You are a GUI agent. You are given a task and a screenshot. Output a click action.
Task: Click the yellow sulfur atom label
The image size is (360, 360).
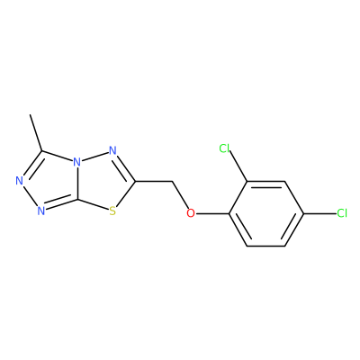(x=112, y=211)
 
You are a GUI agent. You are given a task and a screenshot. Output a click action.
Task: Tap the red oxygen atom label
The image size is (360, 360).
(x=191, y=213)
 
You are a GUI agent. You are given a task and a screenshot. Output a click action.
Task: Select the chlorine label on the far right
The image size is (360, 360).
(x=342, y=213)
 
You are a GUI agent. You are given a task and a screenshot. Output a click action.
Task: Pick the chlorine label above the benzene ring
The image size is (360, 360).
(x=224, y=148)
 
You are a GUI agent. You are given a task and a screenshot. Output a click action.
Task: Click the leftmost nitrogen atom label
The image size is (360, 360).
(x=20, y=181)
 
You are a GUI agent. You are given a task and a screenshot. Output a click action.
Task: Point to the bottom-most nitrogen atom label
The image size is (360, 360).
(x=41, y=211)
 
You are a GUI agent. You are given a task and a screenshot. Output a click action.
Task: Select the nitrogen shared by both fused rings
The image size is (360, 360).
(x=77, y=162)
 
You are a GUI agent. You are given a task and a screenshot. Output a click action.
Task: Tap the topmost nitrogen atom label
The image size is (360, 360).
(x=112, y=150)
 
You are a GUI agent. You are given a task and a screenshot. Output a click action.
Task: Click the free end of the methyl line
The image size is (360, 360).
(x=30, y=114)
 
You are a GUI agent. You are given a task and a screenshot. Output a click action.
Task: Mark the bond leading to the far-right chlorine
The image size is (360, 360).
(x=320, y=213)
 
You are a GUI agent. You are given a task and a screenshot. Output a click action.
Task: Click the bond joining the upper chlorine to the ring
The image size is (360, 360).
(x=238, y=166)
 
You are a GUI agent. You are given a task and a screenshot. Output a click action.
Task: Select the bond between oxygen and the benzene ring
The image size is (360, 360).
(x=211, y=213)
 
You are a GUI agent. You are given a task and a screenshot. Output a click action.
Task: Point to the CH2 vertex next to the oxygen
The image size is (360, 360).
(x=173, y=181)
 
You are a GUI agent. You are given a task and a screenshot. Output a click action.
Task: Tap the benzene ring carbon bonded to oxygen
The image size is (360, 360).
(x=229, y=213)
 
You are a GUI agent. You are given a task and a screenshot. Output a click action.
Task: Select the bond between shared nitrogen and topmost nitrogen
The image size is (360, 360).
(x=94, y=157)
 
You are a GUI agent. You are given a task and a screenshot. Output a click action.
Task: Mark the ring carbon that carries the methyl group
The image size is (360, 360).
(x=41, y=151)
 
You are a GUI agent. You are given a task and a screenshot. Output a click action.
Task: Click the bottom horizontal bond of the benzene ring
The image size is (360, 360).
(x=265, y=246)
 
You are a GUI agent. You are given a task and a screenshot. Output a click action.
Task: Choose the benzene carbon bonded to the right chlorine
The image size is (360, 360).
(x=303, y=213)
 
